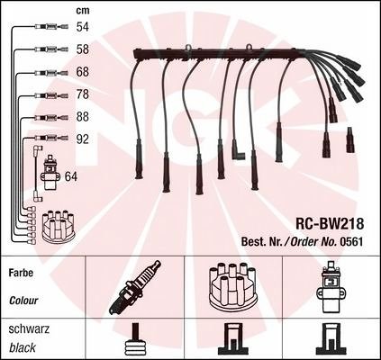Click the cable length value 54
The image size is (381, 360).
[x=83, y=27]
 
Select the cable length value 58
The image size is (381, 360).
[x=83, y=49]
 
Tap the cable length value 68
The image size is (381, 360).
[x=83, y=72]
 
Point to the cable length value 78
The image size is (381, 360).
[x=83, y=94]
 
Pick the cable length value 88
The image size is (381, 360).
[x=83, y=117]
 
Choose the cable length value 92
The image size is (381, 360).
[x=83, y=139]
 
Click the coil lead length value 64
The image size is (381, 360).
[x=71, y=176]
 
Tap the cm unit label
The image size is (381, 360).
[x=83, y=11]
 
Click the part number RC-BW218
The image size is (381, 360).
[x=330, y=223]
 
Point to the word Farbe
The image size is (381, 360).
[x=21, y=273]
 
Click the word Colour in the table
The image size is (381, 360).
[x=23, y=301]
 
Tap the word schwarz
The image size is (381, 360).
[x=29, y=329]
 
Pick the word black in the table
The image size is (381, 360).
[x=23, y=347]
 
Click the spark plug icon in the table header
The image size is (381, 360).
[x=135, y=287]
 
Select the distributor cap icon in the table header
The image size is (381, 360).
[x=233, y=285]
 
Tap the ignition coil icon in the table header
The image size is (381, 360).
[x=331, y=288]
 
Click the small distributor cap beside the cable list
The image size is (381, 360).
[x=59, y=227]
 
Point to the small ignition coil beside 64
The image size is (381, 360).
[x=50, y=173]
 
